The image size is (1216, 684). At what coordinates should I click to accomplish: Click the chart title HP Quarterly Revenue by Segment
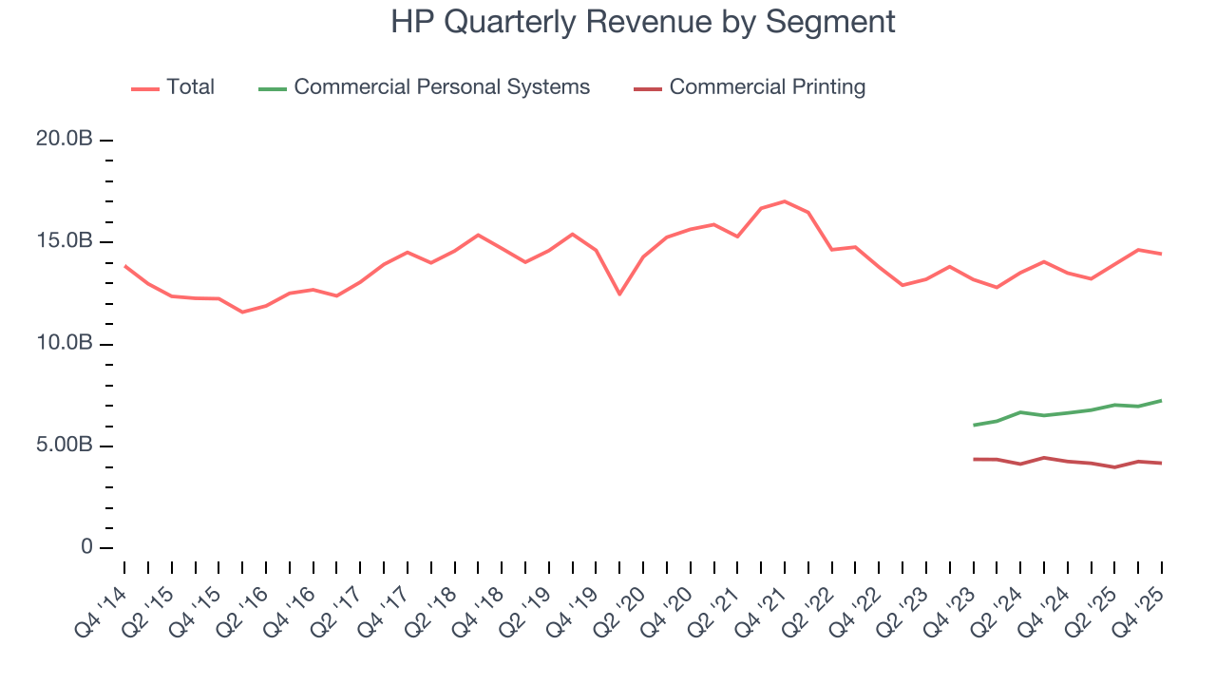click(x=642, y=22)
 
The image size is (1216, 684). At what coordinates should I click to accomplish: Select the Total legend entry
click(x=190, y=87)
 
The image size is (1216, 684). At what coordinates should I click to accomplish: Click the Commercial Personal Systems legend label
click(x=442, y=87)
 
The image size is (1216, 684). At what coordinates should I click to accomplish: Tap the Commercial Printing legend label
click(x=767, y=87)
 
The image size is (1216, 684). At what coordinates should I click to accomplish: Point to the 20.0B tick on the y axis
click(x=64, y=140)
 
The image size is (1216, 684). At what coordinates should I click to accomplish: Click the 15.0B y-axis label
click(x=64, y=241)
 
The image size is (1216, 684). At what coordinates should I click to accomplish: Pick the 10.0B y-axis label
click(x=64, y=344)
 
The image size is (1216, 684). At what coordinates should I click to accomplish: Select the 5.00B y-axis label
click(x=64, y=446)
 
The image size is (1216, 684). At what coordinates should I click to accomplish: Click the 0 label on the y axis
click(x=86, y=548)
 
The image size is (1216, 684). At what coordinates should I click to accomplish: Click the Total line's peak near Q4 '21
click(x=784, y=201)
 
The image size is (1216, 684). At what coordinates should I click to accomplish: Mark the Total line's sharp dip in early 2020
click(x=619, y=294)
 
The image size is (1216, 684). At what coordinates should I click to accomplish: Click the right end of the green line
click(x=1161, y=401)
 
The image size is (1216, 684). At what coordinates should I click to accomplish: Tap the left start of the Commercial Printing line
click(x=974, y=459)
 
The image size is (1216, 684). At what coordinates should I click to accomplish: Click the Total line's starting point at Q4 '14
click(x=124, y=266)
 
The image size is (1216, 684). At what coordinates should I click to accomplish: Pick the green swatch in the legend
click(x=272, y=88)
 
